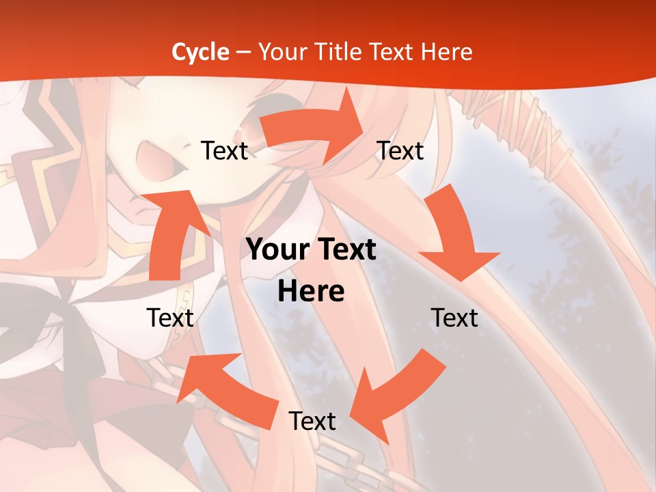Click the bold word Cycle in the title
[x=200, y=52]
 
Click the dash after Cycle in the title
[x=243, y=52]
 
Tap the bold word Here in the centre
[x=311, y=291]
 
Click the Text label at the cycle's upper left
[x=224, y=150]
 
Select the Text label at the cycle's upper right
[x=400, y=150]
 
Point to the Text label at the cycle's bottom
[x=312, y=421]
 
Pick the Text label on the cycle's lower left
[x=170, y=318]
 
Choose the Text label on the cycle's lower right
[x=454, y=318]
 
